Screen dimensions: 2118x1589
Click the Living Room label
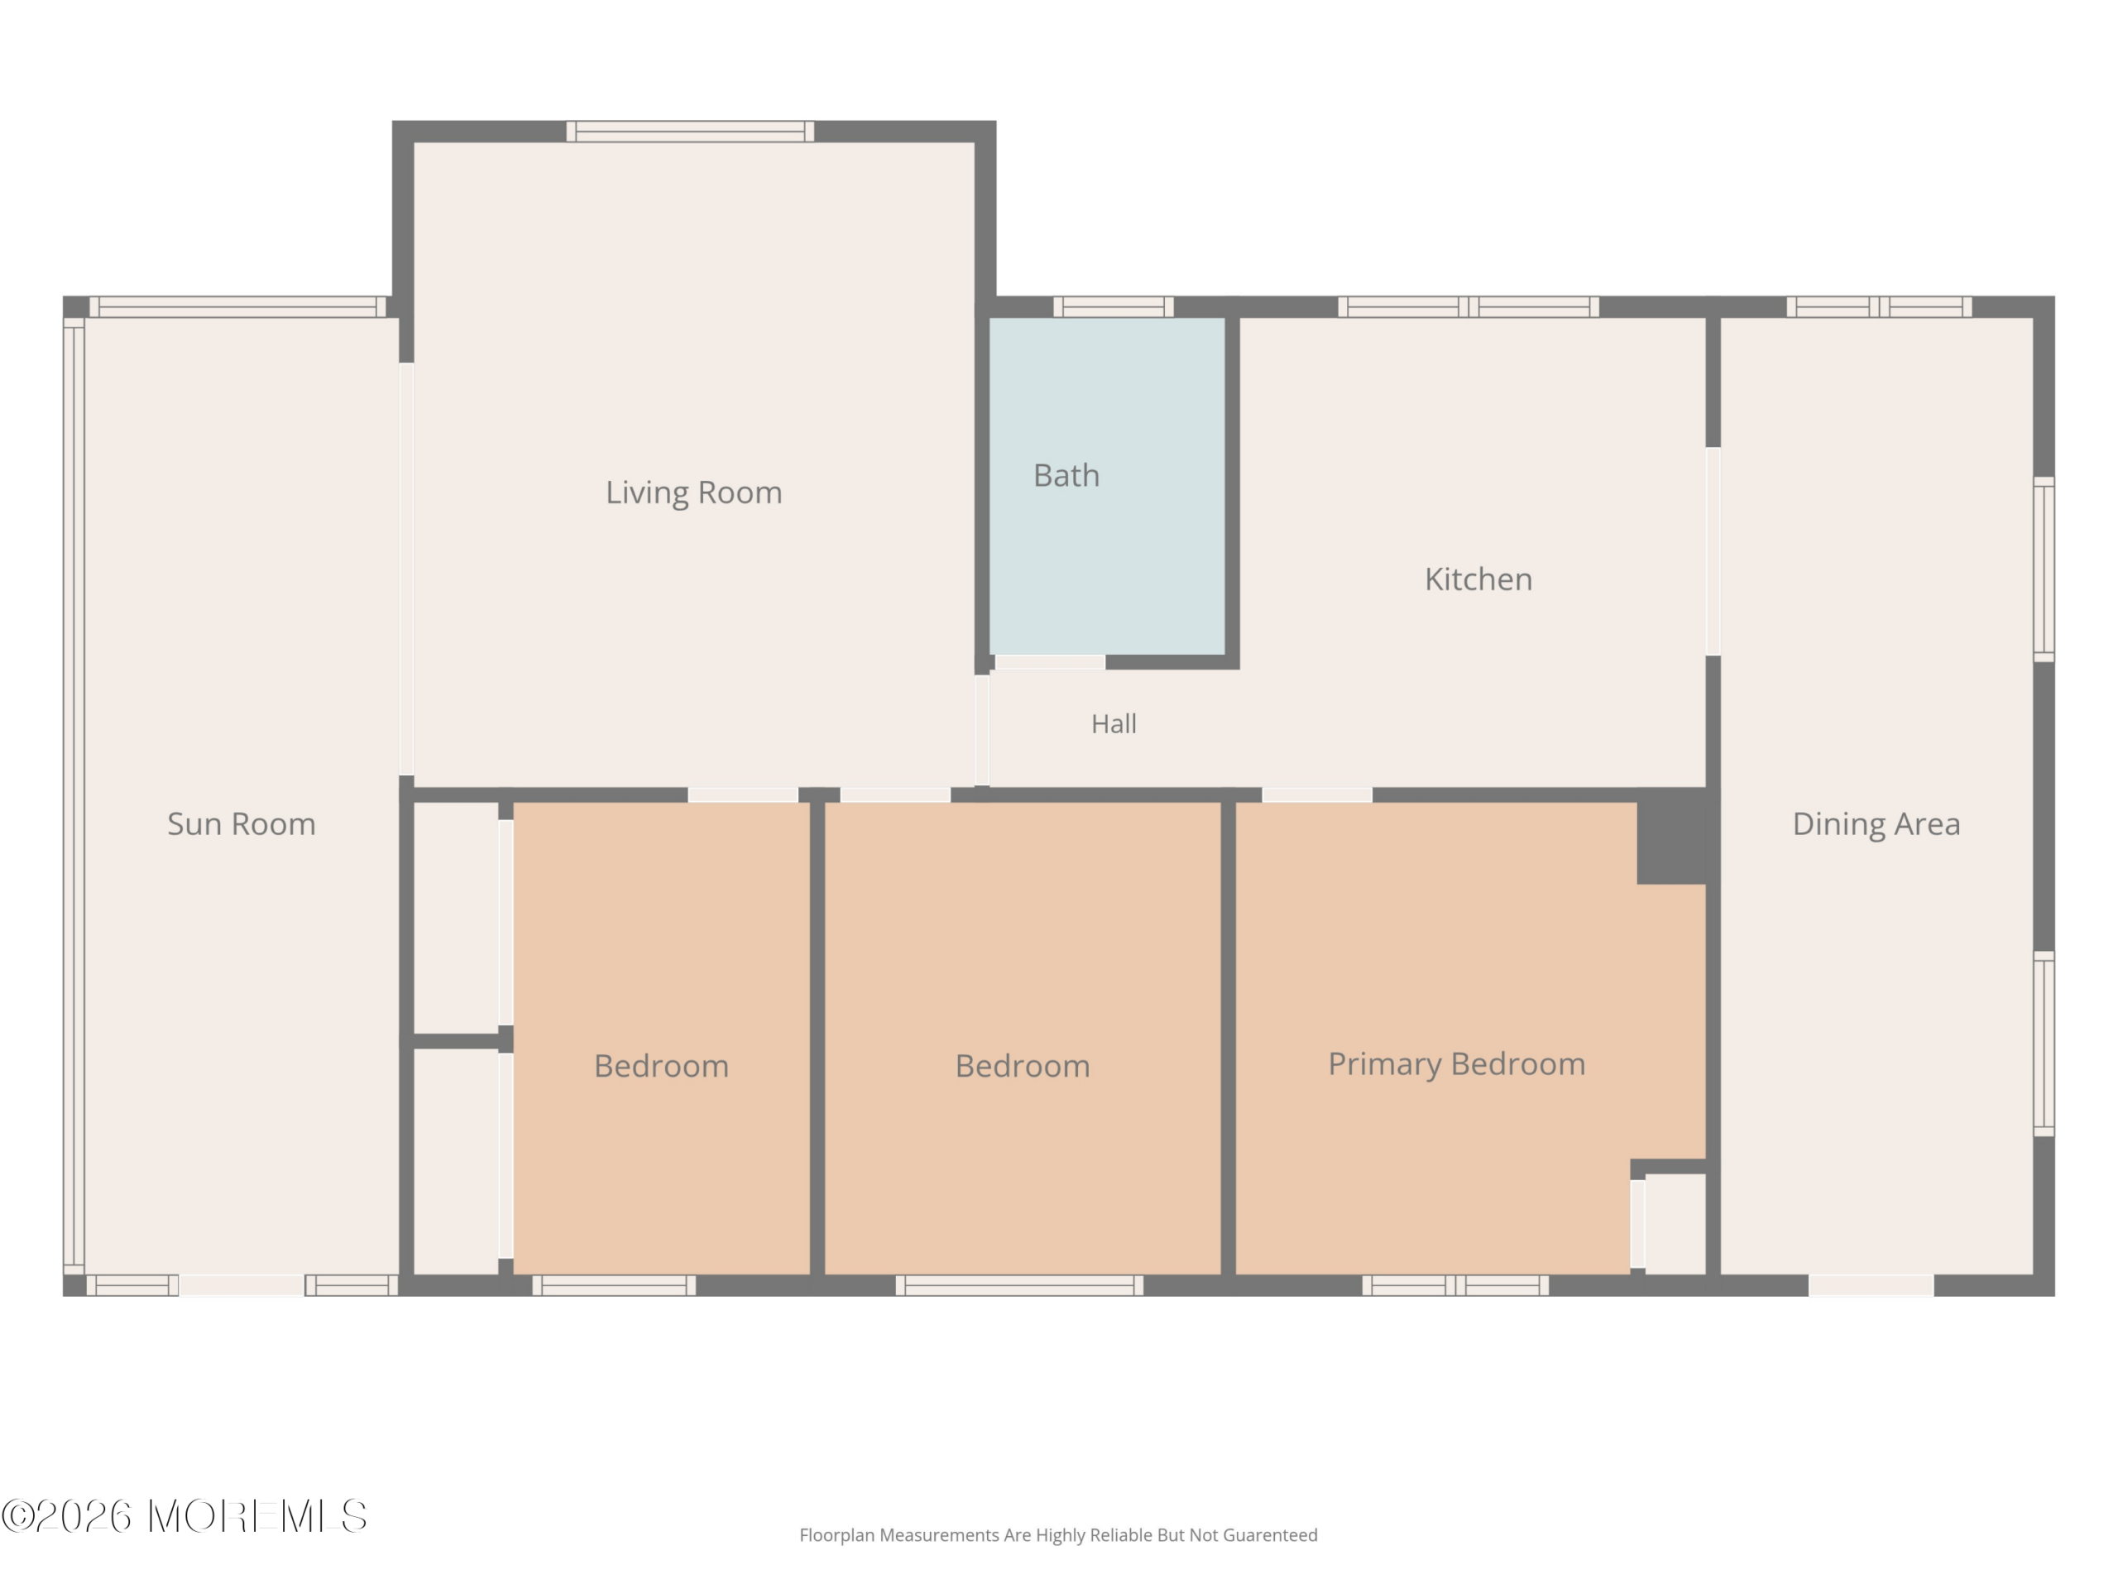[693, 492]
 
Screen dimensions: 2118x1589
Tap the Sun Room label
[242, 823]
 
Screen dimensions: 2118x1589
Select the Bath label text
[1066, 475]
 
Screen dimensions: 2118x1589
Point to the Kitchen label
[1478, 578]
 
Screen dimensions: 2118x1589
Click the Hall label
[1114, 723]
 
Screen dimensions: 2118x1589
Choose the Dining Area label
[1876, 823]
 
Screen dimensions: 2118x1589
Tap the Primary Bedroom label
[1456, 1064]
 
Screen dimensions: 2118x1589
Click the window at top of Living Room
[690, 132]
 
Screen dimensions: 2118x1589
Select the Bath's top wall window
[1114, 306]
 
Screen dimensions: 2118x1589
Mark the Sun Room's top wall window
[237, 306]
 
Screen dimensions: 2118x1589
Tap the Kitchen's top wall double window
[1468, 306]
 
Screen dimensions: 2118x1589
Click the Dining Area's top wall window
[1879, 306]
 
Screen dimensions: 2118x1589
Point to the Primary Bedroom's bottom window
[1455, 1285]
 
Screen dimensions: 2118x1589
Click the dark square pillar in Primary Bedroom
[1672, 836]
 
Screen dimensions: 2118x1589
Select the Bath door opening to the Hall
[1051, 662]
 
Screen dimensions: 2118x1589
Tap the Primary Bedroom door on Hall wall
[1317, 795]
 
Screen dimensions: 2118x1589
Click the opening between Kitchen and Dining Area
[1713, 552]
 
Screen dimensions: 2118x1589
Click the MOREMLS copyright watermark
[184, 1516]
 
